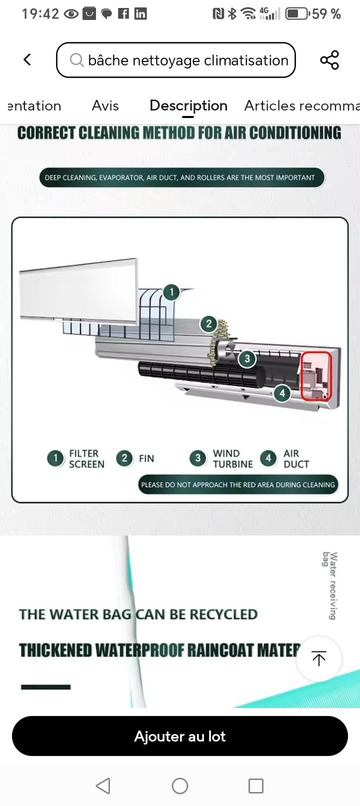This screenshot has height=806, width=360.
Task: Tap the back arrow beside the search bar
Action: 27,59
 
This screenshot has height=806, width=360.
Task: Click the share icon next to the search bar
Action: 329,59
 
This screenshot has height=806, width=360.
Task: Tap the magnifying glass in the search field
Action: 76,60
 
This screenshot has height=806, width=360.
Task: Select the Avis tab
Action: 105,106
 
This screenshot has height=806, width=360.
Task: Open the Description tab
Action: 188,106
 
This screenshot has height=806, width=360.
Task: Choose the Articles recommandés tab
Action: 302,106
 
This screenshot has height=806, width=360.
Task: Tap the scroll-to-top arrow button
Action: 319,658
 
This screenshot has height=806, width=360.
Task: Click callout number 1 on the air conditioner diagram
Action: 171,292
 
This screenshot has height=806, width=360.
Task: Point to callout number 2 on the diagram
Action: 209,324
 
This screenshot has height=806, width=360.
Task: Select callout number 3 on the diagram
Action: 247,358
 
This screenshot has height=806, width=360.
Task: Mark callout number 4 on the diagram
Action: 282,393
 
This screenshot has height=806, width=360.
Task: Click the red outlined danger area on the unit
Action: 316,376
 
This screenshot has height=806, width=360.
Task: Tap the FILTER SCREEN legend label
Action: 87,459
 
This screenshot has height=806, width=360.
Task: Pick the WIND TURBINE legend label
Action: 233,459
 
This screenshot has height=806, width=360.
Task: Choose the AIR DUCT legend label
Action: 296,459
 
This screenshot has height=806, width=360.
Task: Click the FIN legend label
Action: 146,459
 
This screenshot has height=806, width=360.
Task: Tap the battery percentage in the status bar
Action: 326,14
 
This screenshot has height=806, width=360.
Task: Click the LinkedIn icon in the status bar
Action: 140,13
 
